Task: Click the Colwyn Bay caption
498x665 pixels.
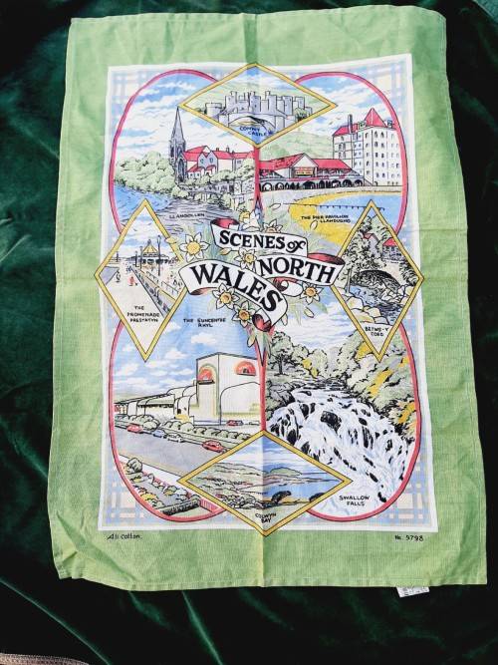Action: coord(291,503)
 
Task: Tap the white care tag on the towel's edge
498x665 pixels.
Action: coord(407,590)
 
